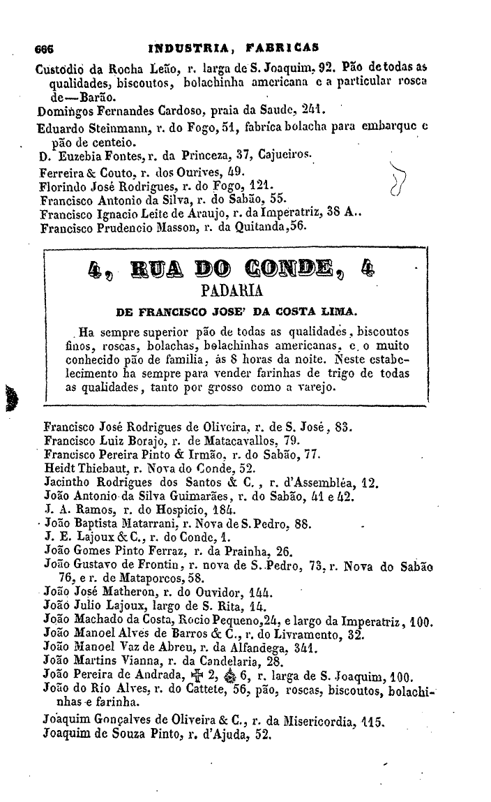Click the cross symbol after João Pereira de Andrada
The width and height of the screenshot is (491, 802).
[197, 675]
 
